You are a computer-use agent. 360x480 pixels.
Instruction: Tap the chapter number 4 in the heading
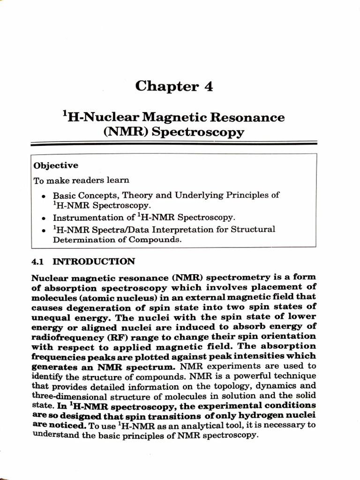(208, 86)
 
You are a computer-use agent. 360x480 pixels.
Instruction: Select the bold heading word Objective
(56, 165)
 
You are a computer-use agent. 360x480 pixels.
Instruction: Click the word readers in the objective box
(85, 180)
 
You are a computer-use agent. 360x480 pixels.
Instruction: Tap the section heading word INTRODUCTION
(94, 262)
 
